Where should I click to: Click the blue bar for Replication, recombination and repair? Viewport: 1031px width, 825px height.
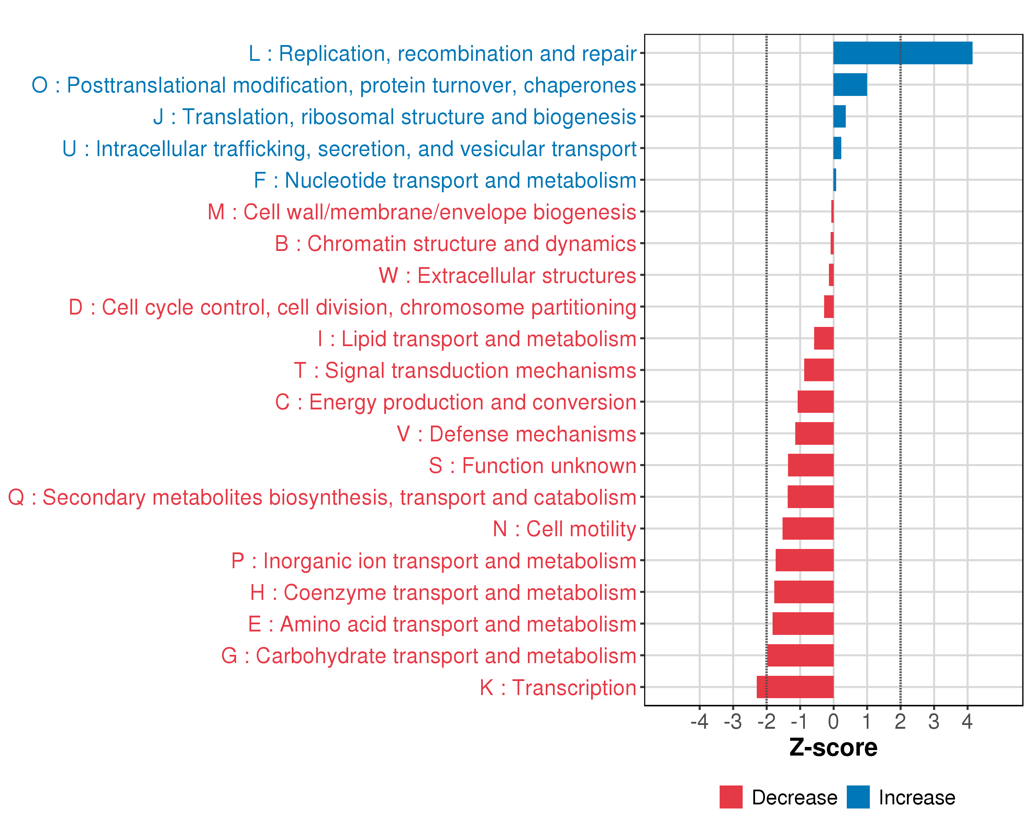point(902,53)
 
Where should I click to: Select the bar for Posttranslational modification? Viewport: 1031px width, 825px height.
point(850,85)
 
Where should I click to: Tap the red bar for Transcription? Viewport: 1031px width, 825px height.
point(795,687)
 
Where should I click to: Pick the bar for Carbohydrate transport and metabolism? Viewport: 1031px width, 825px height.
point(800,655)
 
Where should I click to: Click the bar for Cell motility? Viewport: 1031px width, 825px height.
point(808,528)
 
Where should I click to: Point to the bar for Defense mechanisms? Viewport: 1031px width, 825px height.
point(814,433)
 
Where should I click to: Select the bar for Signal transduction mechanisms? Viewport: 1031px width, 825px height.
point(819,370)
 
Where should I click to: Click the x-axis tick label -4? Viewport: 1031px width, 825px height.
point(699,721)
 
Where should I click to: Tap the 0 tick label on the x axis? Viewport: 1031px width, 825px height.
point(833,721)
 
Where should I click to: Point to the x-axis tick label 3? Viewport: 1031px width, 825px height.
point(933,721)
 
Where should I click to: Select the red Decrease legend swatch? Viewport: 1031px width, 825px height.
point(731,797)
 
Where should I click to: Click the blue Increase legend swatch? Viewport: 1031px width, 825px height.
point(858,797)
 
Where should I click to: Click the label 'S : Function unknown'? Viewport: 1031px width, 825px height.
point(532,466)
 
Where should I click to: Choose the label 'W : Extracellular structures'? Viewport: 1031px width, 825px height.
point(507,275)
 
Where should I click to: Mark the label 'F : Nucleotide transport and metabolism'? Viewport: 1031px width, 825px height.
point(445,180)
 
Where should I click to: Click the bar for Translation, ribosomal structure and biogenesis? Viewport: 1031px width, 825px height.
point(839,116)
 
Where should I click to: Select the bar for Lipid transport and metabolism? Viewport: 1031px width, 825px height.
point(823,338)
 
